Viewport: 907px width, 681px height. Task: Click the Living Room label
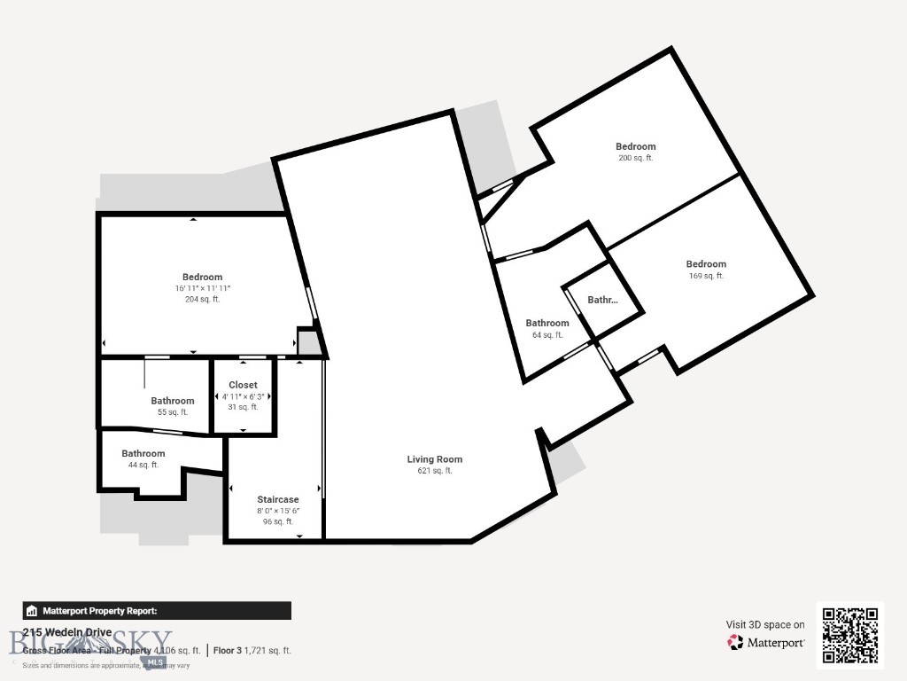(434, 459)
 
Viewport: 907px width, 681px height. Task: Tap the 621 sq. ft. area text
(434, 471)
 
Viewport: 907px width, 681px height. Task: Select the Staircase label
(277, 500)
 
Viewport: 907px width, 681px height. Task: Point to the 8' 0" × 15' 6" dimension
(277, 511)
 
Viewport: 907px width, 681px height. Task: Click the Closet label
(243, 386)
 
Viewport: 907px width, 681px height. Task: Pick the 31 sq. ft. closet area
(243, 407)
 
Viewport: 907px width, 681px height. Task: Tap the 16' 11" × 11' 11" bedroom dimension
(202, 288)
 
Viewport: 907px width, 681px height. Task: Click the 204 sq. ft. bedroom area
(202, 300)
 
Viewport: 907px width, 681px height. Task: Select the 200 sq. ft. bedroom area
(635, 158)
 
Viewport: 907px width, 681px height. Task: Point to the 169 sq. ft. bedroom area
(706, 276)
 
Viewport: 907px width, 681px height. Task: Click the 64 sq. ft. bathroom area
(547, 335)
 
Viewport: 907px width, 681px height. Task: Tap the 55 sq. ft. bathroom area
(172, 412)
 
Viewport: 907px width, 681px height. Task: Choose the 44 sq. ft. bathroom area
(143, 465)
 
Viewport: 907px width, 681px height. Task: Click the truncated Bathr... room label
(602, 301)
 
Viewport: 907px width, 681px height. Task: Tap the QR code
(849, 634)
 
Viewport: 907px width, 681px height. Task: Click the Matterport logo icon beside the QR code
(735, 642)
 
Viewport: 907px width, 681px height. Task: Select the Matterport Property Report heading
(99, 611)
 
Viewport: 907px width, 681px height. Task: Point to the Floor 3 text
(227, 651)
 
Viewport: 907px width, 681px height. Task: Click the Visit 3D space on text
(765, 625)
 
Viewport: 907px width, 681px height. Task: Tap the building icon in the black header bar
(32, 611)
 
